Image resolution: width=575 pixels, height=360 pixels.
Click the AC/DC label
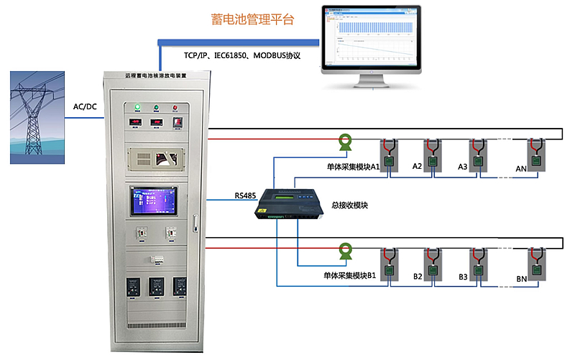tap(86, 107)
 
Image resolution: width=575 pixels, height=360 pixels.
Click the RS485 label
tap(247, 195)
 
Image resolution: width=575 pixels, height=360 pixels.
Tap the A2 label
tap(418, 167)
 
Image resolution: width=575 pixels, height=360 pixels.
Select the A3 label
tap(464, 167)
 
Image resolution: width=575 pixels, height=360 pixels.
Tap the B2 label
tap(418, 276)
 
